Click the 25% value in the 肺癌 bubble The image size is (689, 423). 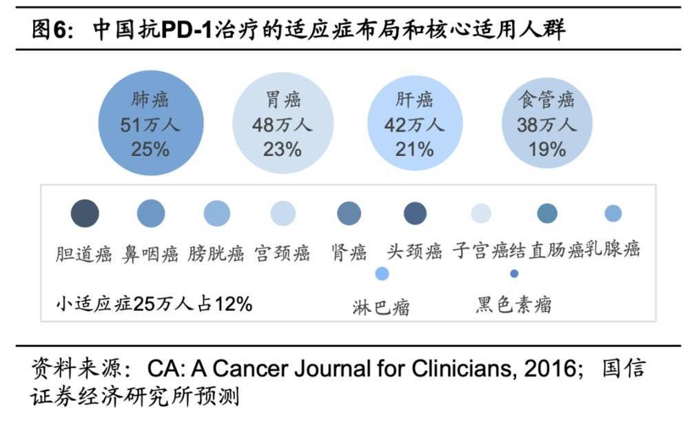tap(150, 148)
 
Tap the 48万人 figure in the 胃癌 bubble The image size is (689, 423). tap(282, 125)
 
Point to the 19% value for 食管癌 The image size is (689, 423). tap(546, 148)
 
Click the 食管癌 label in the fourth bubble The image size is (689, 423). tap(546, 100)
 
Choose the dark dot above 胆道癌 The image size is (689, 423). tap(85, 213)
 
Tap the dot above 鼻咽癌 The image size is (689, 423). tap(151, 214)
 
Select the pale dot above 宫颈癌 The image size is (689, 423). tap(282, 214)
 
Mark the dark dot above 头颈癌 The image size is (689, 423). tap(415, 214)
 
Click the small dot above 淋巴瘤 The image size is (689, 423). tap(382, 274)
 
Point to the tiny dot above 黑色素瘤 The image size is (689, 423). tap(514, 274)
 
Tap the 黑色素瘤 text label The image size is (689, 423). tap(514, 304)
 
